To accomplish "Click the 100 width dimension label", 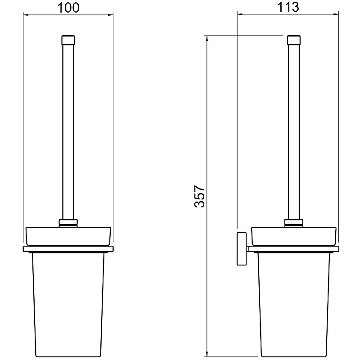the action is [x=68, y=8].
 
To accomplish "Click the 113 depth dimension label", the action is [x=288, y=7].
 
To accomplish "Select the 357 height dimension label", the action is [x=199, y=196].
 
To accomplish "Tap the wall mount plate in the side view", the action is [x=242, y=249].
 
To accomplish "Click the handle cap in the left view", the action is [x=68, y=40].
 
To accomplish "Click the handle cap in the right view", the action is [x=294, y=40].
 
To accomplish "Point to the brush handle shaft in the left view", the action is [x=68, y=132].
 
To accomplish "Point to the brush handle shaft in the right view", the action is [x=294, y=132].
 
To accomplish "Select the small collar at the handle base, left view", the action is [x=68, y=222].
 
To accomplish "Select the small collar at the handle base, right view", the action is [x=294, y=222].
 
